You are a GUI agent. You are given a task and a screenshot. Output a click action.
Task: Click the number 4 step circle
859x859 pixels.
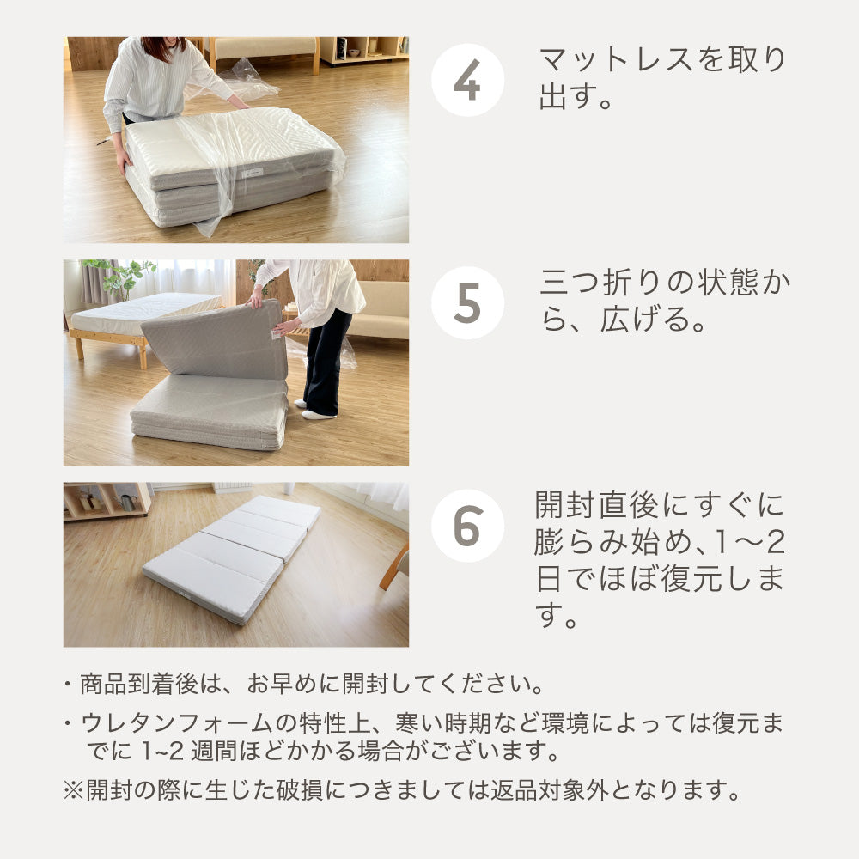coord(466,80)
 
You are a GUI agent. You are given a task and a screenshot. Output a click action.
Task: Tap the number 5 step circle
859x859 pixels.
coord(466,302)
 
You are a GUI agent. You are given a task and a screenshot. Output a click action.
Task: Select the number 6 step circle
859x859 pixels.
coord(466,526)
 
